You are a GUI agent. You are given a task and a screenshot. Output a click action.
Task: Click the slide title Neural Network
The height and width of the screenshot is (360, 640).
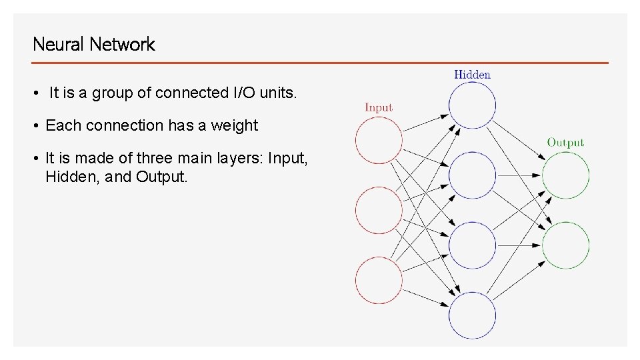pyautogui.click(x=93, y=45)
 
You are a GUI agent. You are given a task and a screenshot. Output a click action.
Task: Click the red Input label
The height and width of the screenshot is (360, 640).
pyautogui.click(x=379, y=107)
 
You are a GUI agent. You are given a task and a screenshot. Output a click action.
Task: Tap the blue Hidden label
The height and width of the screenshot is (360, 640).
pyautogui.click(x=472, y=75)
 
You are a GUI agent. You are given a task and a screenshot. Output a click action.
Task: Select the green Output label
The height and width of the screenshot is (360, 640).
pyautogui.click(x=565, y=142)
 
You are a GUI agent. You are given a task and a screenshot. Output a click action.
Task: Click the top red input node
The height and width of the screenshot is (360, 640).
pyautogui.click(x=379, y=140)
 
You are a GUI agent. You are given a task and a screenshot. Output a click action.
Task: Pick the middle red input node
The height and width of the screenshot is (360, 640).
pyautogui.click(x=379, y=211)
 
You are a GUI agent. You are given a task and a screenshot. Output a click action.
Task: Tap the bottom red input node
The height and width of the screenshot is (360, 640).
pyautogui.click(x=379, y=281)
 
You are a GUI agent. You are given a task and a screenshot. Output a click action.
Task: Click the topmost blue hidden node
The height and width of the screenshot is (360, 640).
pyautogui.click(x=472, y=105)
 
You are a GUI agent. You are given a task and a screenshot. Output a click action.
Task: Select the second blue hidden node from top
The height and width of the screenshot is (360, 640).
pyautogui.click(x=472, y=175)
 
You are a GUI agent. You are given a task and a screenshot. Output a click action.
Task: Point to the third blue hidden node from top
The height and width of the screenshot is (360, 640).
pyautogui.click(x=472, y=245)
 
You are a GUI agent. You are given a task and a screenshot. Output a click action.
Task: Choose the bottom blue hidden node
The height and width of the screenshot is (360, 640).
pyautogui.click(x=472, y=315)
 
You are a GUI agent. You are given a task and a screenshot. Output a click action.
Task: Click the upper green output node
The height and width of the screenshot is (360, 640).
pyautogui.click(x=565, y=175)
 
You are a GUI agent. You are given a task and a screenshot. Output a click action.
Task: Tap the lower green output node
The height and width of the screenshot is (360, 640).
pyautogui.click(x=565, y=245)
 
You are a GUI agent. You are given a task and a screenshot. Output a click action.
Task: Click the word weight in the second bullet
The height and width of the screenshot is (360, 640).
pyautogui.click(x=236, y=126)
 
